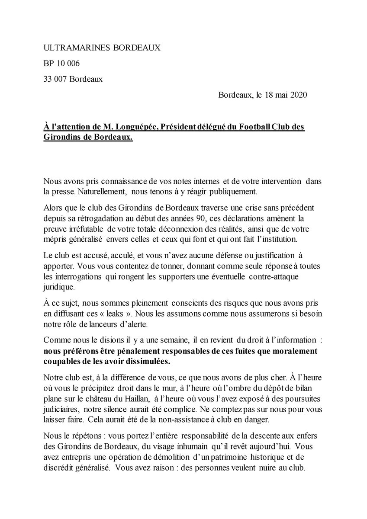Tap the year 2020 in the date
point(298,95)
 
